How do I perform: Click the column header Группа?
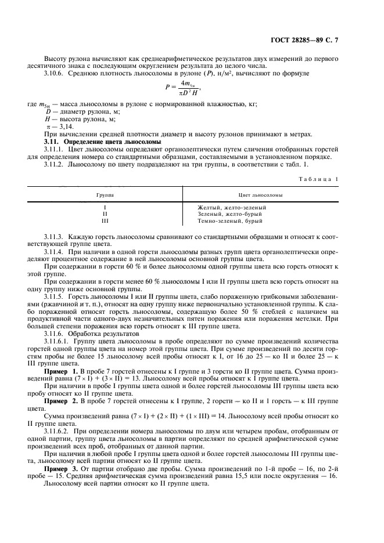105,196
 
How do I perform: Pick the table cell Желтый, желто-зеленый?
232,207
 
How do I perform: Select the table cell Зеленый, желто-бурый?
228,214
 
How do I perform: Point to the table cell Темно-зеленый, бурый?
230,221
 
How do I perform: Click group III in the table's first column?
105,221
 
